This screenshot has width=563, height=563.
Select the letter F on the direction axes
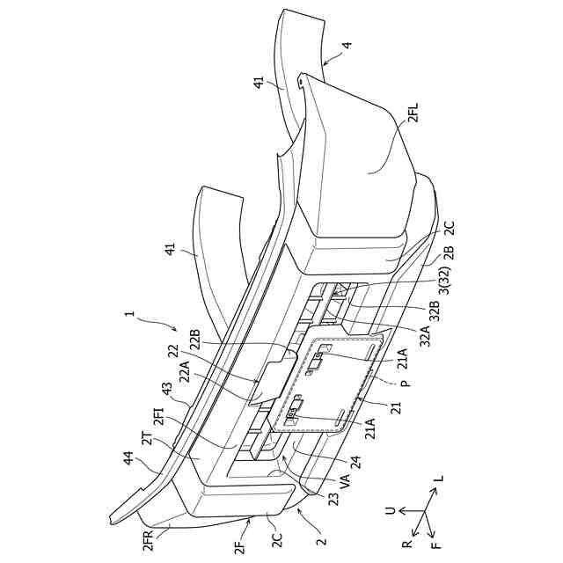click(435, 545)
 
